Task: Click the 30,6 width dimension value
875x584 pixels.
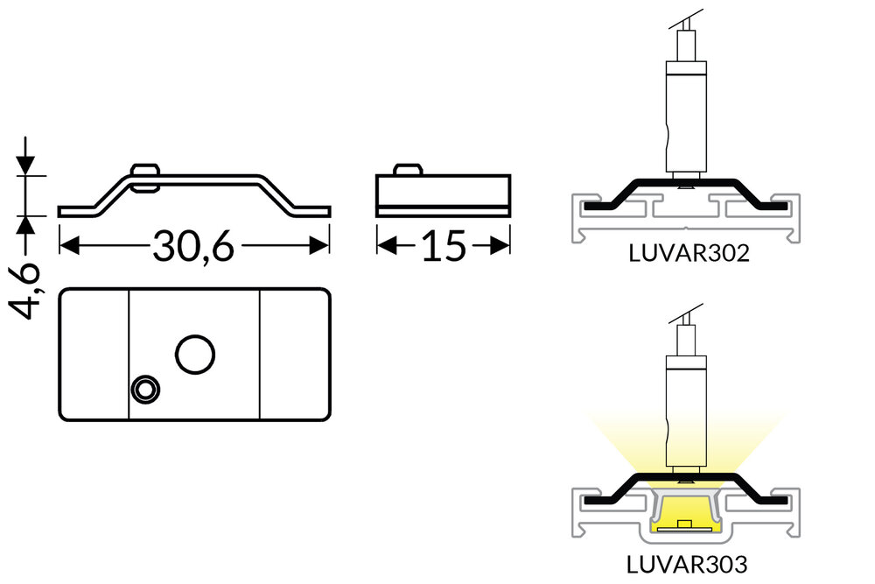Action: [x=193, y=247]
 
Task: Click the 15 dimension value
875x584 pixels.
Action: [x=443, y=247]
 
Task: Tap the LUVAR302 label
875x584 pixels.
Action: [x=689, y=254]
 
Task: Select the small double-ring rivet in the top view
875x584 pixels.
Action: [x=144, y=390]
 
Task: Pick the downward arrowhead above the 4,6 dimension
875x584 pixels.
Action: [x=26, y=164]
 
